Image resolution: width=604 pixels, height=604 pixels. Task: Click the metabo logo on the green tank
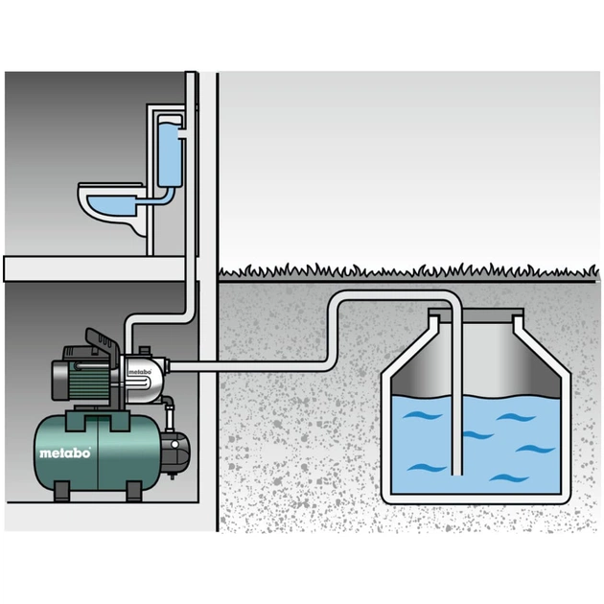pos(65,453)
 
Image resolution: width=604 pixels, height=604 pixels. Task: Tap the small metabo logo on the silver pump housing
pos(139,372)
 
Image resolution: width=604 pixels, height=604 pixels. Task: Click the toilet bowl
pos(112,207)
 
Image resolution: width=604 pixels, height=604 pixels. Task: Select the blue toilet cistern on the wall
pos(169,155)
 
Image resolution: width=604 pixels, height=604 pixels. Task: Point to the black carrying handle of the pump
pos(101,340)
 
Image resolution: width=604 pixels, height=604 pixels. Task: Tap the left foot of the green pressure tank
pos(61,491)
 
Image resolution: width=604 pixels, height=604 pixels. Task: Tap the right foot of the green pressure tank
pos(133,491)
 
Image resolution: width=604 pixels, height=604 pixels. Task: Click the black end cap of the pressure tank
pos(175,452)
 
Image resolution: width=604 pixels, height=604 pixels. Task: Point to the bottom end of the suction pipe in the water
pos(457,475)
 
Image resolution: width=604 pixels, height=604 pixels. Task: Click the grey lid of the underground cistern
pos(476,315)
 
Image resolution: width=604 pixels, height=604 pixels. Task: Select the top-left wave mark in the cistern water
pos(422,416)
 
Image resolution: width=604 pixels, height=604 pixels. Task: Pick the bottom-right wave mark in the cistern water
pos(509,478)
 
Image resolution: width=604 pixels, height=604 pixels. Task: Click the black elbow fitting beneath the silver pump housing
pos(168,406)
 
